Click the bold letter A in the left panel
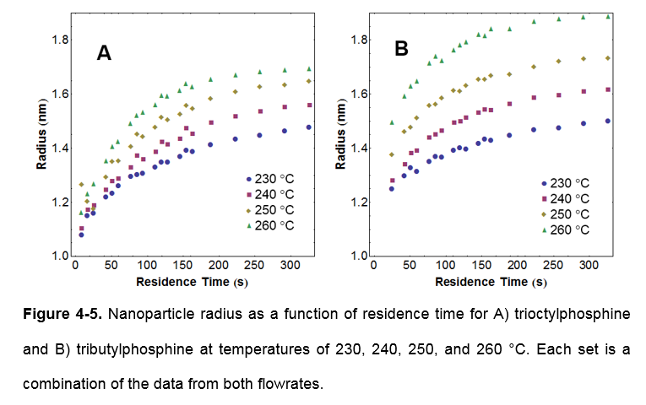click(x=104, y=53)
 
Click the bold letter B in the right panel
click(x=401, y=50)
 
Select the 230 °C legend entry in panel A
click(x=272, y=179)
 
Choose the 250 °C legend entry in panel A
click(x=272, y=210)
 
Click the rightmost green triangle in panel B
click(x=608, y=16)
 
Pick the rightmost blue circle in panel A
click(x=309, y=127)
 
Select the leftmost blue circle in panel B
click(x=391, y=189)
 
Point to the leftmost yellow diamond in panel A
click(x=81, y=185)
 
